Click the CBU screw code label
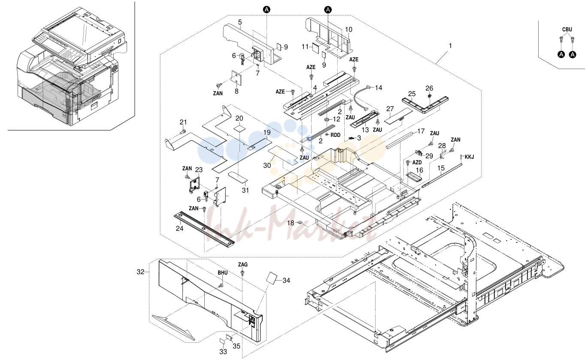pyautogui.click(x=567, y=30)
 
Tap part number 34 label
pyautogui.click(x=286, y=280)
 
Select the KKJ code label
pyautogui.click(x=469, y=157)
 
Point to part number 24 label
pyautogui.click(x=179, y=228)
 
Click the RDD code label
pyautogui.click(x=336, y=135)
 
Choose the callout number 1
pyautogui.click(x=450, y=45)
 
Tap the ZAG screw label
pyautogui.click(x=242, y=264)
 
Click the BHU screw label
pyautogui.click(x=222, y=273)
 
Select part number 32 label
pyautogui.click(x=140, y=272)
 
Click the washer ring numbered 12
pyautogui.click(x=327, y=120)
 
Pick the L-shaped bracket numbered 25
pyautogui.click(x=425, y=104)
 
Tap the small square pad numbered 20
pyautogui.click(x=239, y=128)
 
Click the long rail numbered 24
pyautogui.click(x=204, y=230)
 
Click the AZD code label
pyautogui.click(x=417, y=162)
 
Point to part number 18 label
pyautogui.click(x=291, y=223)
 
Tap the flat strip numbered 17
pyautogui.click(x=400, y=140)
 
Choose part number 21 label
pyautogui.click(x=183, y=122)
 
